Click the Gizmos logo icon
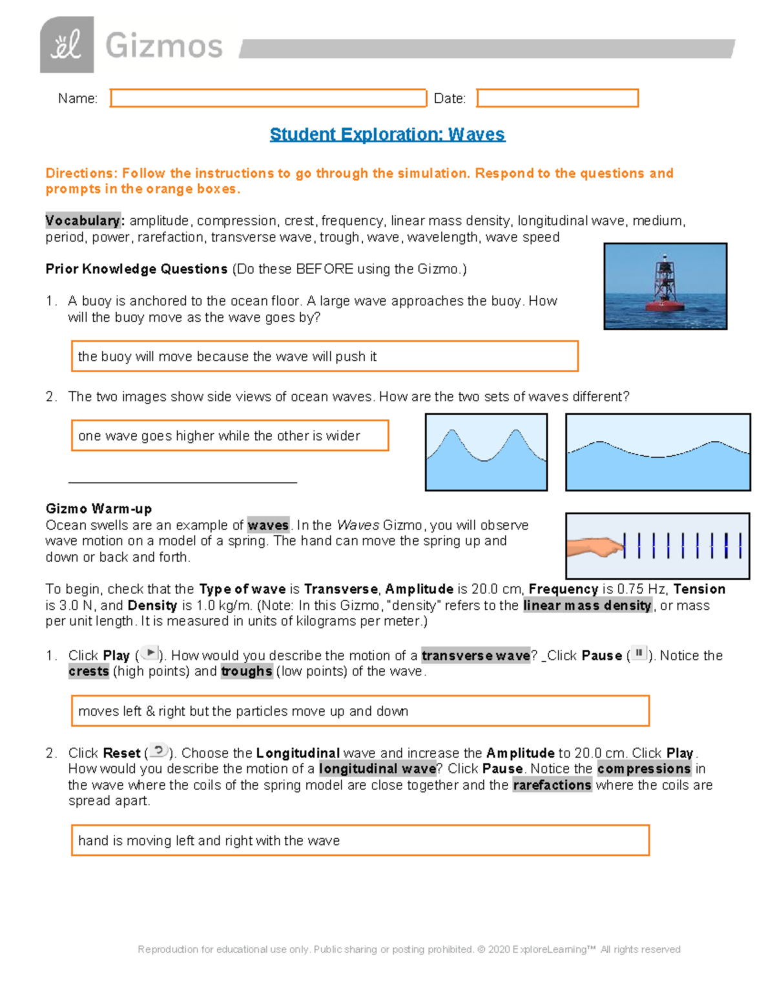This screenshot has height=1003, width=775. [67, 45]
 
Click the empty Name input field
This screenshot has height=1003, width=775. [268, 98]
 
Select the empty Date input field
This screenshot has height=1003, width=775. [557, 98]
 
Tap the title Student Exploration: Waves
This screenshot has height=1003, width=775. [387, 134]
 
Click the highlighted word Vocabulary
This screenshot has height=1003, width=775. [83, 221]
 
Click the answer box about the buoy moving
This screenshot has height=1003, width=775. [324, 357]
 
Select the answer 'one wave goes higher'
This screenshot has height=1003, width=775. [229, 436]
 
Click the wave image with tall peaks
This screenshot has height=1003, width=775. [486, 452]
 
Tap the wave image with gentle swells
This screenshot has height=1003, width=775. [657, 452]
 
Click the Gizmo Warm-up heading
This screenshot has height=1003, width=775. [99, 509]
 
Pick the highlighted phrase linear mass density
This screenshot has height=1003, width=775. [587, 606]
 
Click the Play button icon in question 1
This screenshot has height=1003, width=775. [149, 653]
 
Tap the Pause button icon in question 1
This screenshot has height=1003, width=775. [638, 653]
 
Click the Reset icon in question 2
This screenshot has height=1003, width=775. [158, 751]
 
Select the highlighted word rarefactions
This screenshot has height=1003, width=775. [552, 785]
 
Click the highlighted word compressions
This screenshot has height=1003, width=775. [644, 769]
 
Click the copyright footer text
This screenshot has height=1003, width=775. [409, 949]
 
